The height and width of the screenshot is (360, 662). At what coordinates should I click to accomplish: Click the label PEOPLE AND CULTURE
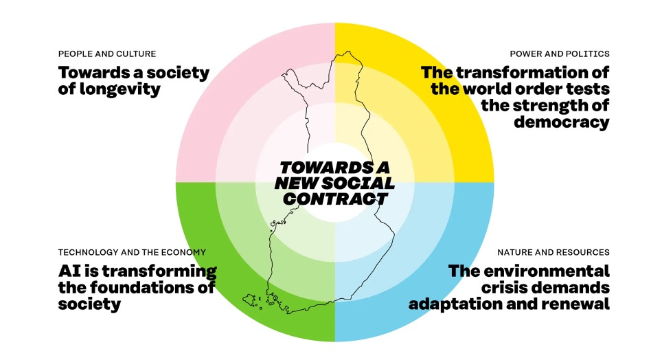click(x=106, y=54)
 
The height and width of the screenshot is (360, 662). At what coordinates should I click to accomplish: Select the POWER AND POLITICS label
click(x=559, y=54)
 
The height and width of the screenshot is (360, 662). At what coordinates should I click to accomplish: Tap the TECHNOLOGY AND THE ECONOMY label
click(x=131, y=252)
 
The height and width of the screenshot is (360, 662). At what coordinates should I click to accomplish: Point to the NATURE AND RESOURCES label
click(x=553, y=252)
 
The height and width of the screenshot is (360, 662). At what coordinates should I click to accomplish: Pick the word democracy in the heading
click(x=561, y=122)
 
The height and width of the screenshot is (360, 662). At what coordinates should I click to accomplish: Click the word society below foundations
click(x=90, y=304)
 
